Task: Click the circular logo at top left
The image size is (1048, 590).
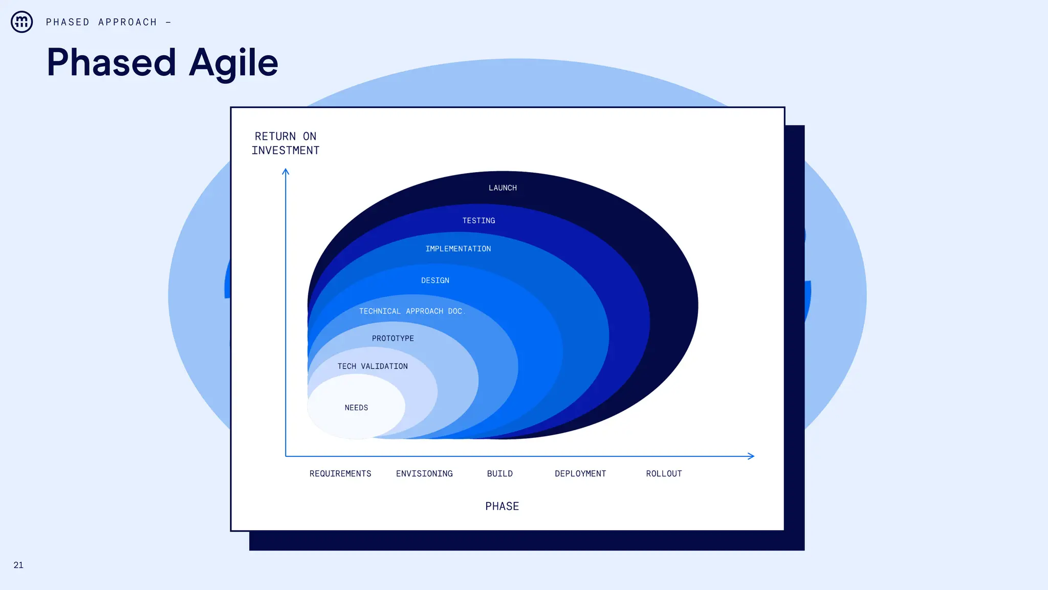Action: (22, 22)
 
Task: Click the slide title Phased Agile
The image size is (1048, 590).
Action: (162, 62)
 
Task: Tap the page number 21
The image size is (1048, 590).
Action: (18, 565)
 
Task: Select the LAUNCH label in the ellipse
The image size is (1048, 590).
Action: (503, 188)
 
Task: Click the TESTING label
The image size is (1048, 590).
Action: (478, 221)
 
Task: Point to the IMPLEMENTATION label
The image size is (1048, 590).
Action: (458, 249)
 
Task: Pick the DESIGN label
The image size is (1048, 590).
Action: (435, 281)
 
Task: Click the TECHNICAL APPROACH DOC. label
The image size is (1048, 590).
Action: (411, 311)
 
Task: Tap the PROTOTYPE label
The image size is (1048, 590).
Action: (393, 339)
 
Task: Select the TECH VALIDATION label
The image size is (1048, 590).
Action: (373, 366)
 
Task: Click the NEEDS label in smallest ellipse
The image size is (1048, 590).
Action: (356, 408)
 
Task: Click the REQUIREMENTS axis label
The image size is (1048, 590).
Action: (340, 474)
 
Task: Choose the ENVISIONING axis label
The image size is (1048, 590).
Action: (424, 474)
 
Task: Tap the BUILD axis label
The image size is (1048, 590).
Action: (499, 474)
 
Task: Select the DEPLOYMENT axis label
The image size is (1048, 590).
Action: (580, 474)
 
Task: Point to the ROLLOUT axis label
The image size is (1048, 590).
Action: (664, 474)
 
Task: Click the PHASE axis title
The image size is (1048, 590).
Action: (502, 507)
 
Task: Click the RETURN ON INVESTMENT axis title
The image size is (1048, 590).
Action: (286, 143)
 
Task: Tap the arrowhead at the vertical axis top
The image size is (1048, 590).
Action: (286, 172)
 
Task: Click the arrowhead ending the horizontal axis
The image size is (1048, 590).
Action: (751, 456)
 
